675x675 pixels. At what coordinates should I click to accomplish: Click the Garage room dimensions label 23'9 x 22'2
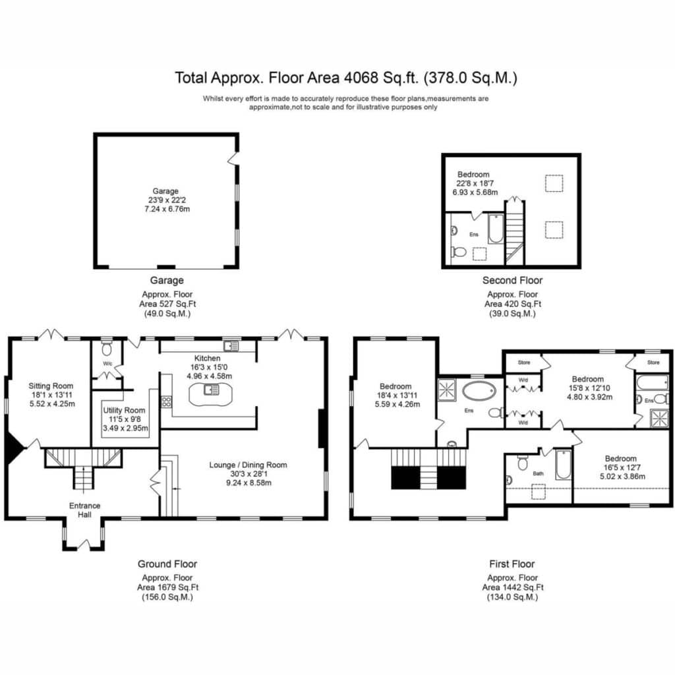[167, 200]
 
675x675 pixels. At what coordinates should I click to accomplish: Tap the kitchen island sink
[212, 390]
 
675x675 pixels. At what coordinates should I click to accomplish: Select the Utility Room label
[124, 410]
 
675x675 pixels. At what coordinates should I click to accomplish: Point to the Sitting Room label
[51, 386]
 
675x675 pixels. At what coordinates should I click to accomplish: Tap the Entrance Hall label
[85, 510]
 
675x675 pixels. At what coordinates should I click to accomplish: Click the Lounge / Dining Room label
[248, 465]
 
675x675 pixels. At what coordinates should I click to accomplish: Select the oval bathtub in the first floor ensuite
[479, 392]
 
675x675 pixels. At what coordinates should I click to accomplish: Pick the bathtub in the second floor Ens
[496, 229]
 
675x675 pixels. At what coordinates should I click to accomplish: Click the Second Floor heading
[512, 280]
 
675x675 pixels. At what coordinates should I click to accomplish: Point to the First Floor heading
[512, 564]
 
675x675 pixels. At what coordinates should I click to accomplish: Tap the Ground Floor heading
[167, 564]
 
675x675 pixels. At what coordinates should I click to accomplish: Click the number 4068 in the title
[361, 78]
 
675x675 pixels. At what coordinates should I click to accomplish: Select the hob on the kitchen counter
[166, 402]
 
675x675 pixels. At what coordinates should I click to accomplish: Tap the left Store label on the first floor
[524, 363]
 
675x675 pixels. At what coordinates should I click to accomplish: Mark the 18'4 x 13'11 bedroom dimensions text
[396, 396]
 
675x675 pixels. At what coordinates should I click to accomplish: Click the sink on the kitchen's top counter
[231, 345]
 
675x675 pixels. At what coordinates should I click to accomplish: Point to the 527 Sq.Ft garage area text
[167, 304]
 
